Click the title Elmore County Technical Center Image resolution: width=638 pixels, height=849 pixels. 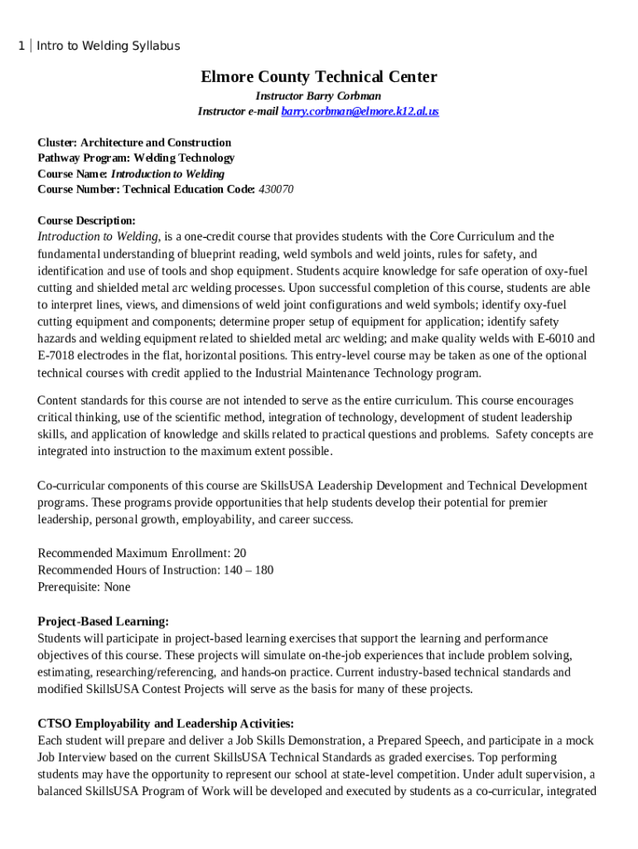coord(319,77)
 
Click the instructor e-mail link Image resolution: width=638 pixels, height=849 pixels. coord(360,111)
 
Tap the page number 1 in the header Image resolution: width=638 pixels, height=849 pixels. coord(21,46)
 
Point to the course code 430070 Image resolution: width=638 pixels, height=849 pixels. coord(276,189)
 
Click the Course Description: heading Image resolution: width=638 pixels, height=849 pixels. coord(87,221)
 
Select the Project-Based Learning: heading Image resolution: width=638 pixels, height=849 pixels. coord(104,621)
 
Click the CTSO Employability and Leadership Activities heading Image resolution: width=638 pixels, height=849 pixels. coord(166,723)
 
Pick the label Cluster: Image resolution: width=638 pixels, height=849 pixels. coord(59,143)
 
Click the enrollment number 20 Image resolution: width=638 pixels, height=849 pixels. coord(239,553)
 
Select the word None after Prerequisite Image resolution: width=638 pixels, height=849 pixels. coord(117,587)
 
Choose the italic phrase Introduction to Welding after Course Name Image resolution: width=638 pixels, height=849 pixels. coord(167,174)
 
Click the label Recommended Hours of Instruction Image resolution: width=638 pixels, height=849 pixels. coord(128,570)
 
